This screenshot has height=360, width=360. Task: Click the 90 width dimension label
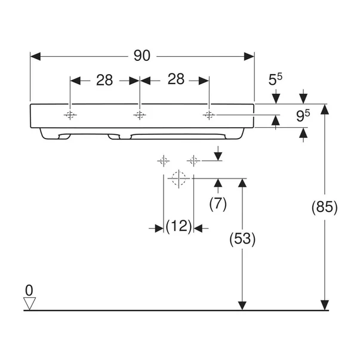(x=142, y=56)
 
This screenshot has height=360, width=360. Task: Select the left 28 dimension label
(x=104, y=80)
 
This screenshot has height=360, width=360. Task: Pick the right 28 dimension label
(x=176, y=79)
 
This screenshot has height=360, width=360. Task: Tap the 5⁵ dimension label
(x=275, y=79)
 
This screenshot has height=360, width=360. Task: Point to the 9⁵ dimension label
(x=303, y=115)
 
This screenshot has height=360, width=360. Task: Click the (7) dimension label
(x=218, y=204)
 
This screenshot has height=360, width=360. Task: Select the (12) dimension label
(x=179, y=226)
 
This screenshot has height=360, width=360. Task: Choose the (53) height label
(x=242, y=239)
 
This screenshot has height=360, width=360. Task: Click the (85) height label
(x=325, y=207)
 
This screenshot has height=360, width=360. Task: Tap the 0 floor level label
(x=29, y=290)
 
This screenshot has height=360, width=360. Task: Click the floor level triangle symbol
(x=30, y=303)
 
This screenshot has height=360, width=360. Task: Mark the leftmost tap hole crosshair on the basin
(x=70, y=115)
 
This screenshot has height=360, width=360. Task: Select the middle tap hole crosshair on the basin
(x=140, y=115)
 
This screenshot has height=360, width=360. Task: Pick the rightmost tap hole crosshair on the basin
(x=209, y=115)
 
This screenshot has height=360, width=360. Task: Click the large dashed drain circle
(x=179, y=179)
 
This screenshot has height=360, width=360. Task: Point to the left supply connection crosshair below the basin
(x=164, y=161)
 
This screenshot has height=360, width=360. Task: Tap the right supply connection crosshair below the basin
(x=193, y=161)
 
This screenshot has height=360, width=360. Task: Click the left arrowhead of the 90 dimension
(x=35, y=57)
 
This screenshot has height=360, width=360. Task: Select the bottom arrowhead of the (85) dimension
(x=325, y=305)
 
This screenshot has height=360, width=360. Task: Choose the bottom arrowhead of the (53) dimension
(x=242, y=305)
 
